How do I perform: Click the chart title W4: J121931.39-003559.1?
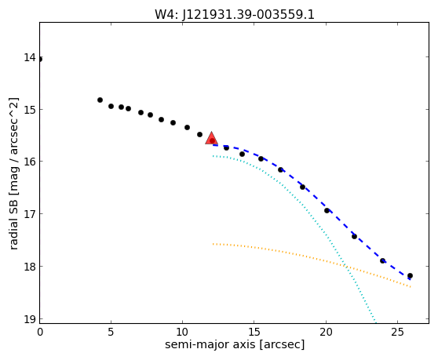(235, 14)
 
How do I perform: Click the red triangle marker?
(211, 138)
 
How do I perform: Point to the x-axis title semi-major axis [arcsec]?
(235, 344)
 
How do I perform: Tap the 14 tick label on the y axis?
(30, 57)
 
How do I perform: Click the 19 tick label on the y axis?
(30, 319)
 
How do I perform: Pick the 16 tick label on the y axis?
(30, 162)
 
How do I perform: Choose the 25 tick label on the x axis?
(397, 332)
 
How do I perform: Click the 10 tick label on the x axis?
(182, 332)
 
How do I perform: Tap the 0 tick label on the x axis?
(40, 332)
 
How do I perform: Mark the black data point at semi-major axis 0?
(40, 59)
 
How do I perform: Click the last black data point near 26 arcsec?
(410, 276)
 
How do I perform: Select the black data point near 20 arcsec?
(327, 210)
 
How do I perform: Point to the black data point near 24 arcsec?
(383, 260)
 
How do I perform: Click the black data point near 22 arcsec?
(354, 236)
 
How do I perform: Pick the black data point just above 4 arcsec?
(100, 100)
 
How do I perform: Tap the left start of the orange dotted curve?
(214, 244)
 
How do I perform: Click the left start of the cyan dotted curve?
(214, 156)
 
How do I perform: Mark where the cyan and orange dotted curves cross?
(346, 267)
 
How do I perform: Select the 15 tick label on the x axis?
(254, 332)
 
